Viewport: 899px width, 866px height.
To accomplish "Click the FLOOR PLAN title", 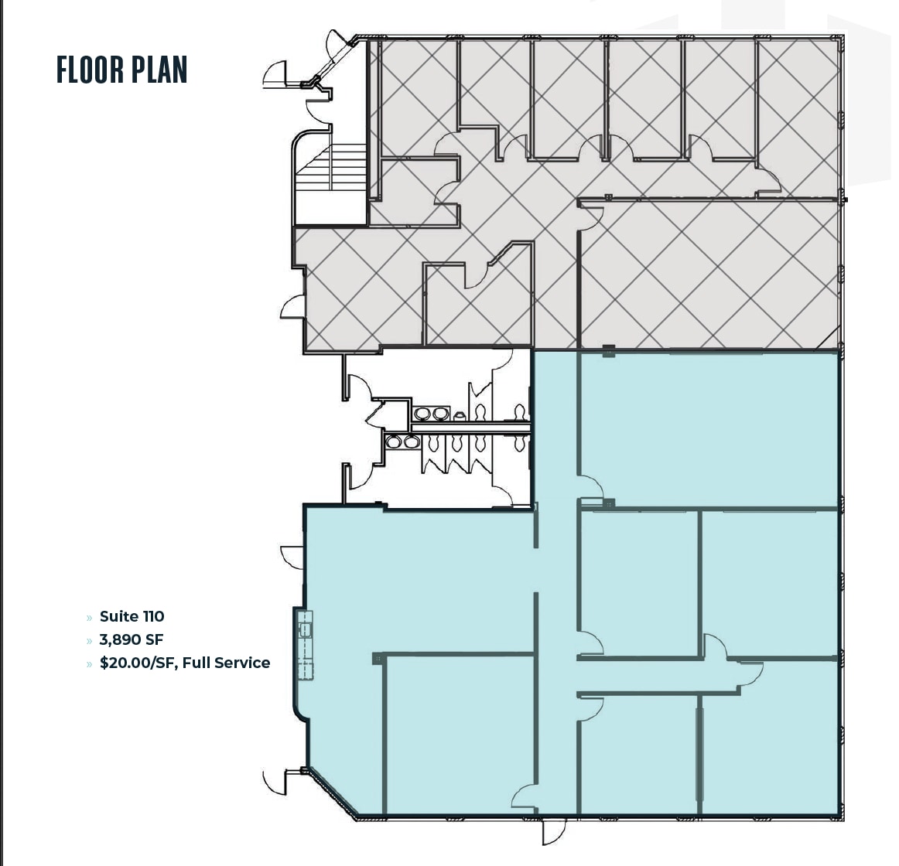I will point(122,70).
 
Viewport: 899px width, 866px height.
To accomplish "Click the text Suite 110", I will point(132,616).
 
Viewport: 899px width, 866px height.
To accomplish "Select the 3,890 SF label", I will point(131,639).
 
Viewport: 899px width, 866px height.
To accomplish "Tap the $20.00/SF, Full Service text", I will point(184,663).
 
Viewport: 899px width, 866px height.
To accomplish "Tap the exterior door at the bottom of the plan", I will point(553,831).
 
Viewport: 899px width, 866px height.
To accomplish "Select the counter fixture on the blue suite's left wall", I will point(306,645).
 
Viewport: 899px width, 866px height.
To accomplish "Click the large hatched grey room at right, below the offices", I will point(708,274).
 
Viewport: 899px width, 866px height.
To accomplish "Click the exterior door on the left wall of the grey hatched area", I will point(292,308).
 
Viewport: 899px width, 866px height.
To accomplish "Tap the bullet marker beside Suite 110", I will point(89,617).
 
